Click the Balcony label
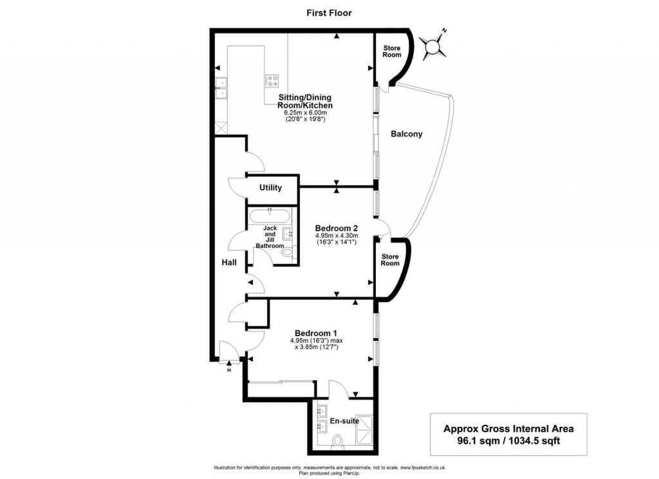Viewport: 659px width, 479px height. point(407,135)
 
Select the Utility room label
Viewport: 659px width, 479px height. point(270,188)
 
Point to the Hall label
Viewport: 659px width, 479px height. point(228,263)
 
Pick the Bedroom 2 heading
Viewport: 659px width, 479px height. point(336,228)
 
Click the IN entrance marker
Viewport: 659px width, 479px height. point(228,370)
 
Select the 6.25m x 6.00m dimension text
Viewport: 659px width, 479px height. point(305,112)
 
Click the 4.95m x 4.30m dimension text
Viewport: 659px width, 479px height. point(336,236)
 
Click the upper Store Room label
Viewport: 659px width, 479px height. point(391,52)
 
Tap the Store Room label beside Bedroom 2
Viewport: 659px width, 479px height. point(390,259)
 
